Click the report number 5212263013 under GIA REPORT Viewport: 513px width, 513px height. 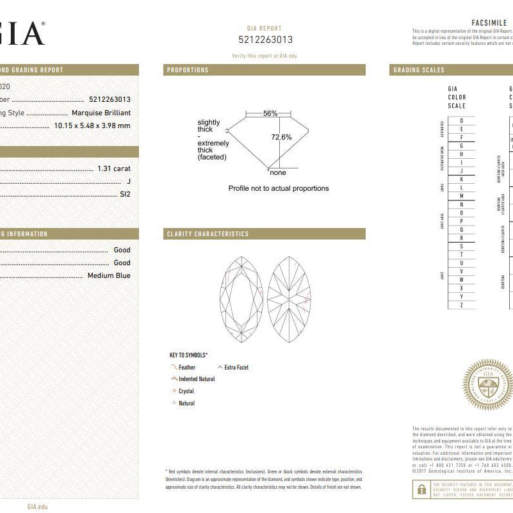click(x=265, y=40)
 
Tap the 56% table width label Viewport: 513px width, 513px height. click(x=270, y=113)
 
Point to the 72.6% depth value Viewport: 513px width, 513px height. click(x=281, y=137)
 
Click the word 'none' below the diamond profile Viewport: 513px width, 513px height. click(x=278, y=173)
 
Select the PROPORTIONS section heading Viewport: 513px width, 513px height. click(x=187, y=70)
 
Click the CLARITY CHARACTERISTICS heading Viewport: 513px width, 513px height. click(x=208, y=234)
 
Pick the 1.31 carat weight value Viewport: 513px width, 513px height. click(x=114, y=168)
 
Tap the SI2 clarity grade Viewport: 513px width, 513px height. click(x=124, y=193)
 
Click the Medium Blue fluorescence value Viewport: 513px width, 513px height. click(x=109, y=275)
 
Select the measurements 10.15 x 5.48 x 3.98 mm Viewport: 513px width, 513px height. click(x=92, y=126)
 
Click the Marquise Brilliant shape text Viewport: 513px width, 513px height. click(x=101, y=113)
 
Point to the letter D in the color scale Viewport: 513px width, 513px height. click(x=461, y=121)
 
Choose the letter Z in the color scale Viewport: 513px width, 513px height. click(x=461, y=305)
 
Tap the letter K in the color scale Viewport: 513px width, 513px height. click(x=461, y=179)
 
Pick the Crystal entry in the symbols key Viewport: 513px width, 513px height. click(x=186, y=391)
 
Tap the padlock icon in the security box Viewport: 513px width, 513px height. click(x=421, y=489)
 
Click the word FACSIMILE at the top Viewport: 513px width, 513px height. click(x=489, y=23)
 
